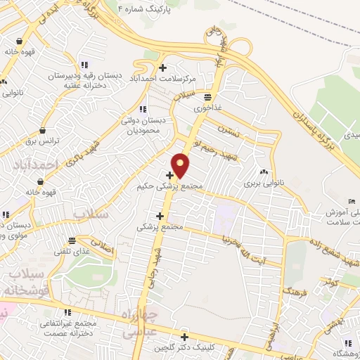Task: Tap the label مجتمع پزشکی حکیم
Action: pos(172,186)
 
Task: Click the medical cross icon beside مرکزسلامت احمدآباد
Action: pos(163,68)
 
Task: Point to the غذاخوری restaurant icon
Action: pos(208,98)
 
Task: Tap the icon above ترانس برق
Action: pos(44,130)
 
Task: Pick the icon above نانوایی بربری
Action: pos(264,172)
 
